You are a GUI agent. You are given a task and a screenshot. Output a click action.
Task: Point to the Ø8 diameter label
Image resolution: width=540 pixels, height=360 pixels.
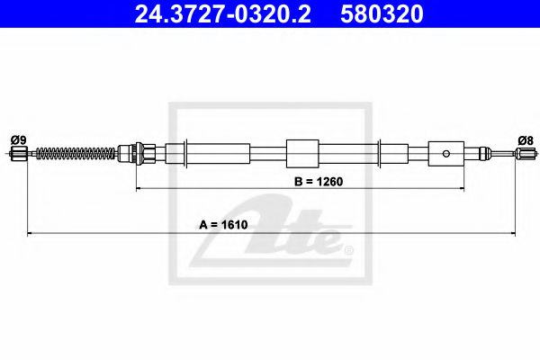[x=526, y=139]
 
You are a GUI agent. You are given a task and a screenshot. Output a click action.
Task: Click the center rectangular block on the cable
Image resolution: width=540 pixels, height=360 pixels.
[x=301, y=152]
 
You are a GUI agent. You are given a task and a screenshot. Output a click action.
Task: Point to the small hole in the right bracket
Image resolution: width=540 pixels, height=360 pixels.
[x=445, y=153]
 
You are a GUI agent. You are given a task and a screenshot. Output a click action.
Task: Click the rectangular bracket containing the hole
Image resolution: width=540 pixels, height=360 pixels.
[x=445, y=153]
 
